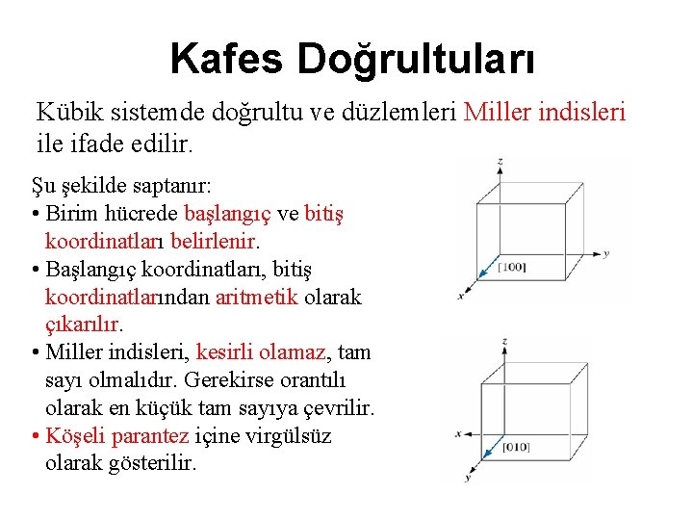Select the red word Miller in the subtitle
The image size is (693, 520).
click(x=499, y=112)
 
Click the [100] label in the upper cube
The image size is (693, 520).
click(x=511, y=266)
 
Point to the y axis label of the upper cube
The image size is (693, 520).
click(x=606, y=254)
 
